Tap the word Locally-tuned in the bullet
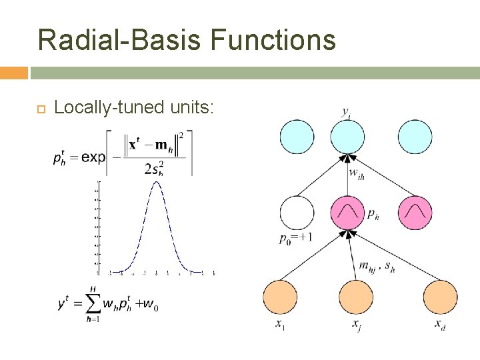(x=99, y=107)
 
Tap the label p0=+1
(x=296, y=238)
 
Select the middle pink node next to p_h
(x=347, y=213)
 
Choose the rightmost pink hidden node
(x=415, y=213)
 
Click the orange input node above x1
(x=280, y=298)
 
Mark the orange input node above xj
(x=357, y=298)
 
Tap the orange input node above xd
(x=441, y=298)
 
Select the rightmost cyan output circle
(x=415, y=137)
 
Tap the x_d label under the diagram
(x=440, y=325)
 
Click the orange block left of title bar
(x=14, y=73)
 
